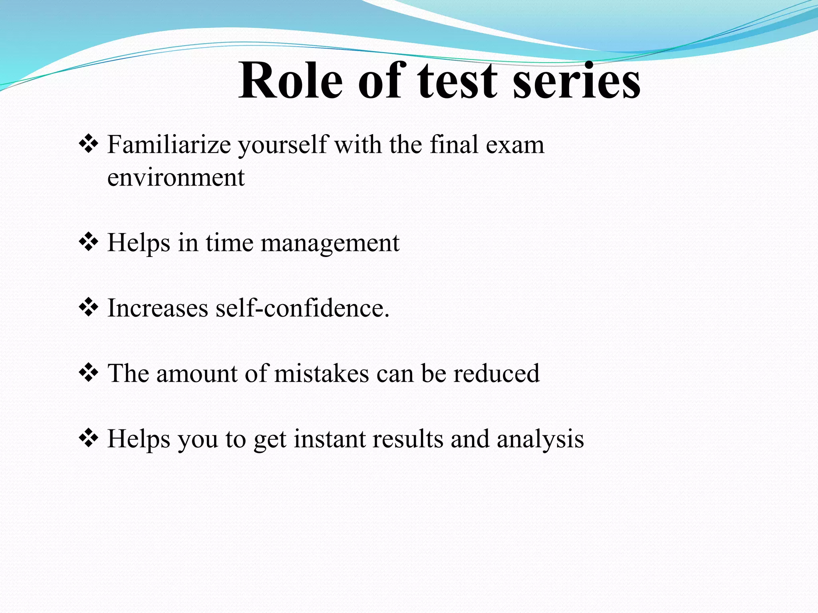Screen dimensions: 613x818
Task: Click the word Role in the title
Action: pos(290,81)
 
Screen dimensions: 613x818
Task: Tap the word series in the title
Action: pos(576,81)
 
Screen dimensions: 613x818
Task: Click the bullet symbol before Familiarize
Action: pos(89,144)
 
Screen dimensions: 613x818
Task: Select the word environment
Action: pos(176,178)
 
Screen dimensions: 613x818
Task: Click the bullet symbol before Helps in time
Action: pos(89,243)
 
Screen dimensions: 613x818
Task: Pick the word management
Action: pos(330,243)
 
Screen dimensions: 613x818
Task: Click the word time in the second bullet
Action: pos(229,243)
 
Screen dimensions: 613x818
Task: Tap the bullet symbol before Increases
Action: pos(89,308)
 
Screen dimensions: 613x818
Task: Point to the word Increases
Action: pos(158,308)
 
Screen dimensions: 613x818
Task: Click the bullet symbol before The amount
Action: pos(89,374)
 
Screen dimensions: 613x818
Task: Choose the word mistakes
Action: pos(322,374)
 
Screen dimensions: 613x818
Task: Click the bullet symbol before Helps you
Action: pos(89,439)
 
